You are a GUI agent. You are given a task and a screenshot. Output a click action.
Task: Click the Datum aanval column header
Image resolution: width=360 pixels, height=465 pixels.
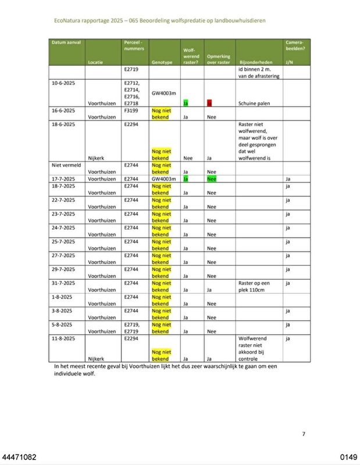(66, 42)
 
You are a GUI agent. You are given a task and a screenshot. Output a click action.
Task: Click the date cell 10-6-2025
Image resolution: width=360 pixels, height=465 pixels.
(63, 83)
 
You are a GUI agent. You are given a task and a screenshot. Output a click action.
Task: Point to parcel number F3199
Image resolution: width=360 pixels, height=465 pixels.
(131, 110)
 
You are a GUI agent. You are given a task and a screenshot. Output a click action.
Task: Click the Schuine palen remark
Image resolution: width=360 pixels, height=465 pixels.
(254, 103)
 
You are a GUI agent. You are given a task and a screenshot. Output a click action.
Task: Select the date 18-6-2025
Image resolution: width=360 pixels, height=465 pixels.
(63, 124)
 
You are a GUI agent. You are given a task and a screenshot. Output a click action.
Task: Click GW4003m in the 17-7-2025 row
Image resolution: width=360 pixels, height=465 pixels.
(163, 179)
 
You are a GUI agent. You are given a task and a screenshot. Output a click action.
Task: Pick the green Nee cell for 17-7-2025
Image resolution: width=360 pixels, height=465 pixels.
(212, 179)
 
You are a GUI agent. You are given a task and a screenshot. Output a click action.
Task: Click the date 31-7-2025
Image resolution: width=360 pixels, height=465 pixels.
(63, 283)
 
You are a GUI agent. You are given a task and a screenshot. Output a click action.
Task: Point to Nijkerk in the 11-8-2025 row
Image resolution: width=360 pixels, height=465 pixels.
(95, 359)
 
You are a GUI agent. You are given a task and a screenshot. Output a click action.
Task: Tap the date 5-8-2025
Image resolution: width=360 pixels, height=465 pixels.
(62, 324)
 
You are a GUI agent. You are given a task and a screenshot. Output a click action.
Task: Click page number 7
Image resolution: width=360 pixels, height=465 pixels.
(303, 434)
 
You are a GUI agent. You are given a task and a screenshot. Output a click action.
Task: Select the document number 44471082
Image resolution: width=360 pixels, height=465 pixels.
(19, 458)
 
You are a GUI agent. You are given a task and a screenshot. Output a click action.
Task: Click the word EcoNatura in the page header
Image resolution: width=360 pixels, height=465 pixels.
(68, 20)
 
